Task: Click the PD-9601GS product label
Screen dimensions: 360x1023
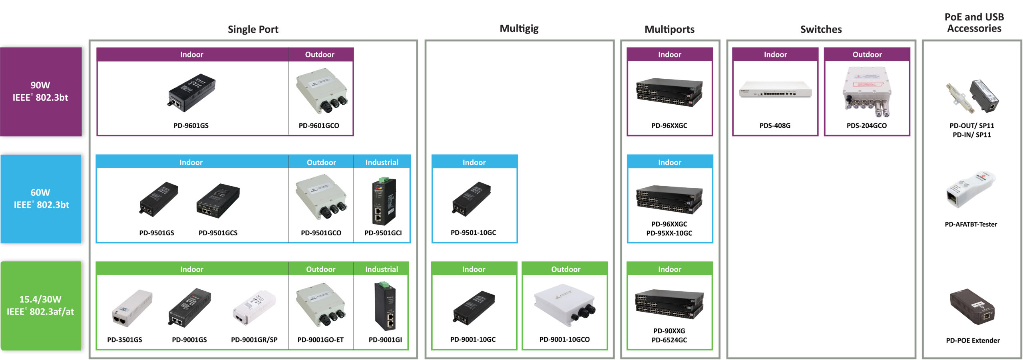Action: [191, 125]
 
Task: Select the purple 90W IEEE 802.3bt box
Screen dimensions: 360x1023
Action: [41, 91]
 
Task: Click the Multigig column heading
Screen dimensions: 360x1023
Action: [519, 28]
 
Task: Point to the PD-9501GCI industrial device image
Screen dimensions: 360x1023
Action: [384, 201]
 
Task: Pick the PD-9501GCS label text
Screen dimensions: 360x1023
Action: [218, 233]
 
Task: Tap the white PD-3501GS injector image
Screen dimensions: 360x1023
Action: [131, 307]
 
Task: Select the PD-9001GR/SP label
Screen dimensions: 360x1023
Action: [254, 340]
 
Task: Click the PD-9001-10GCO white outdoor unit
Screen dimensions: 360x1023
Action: [565, 302]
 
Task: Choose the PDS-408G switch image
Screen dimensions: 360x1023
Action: [775, 90]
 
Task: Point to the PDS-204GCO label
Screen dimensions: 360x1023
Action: [866, 125]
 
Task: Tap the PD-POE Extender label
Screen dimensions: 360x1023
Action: [972, 340]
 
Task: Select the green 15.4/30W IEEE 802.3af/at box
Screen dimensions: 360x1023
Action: [41, 306]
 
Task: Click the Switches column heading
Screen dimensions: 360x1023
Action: [821, 29]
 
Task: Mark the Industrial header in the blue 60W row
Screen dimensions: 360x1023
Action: [382, 162]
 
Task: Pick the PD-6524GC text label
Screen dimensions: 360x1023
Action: [669, 340]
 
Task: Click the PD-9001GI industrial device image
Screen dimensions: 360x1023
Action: [385, 306]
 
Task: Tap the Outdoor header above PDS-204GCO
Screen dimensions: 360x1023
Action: [867, 54]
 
